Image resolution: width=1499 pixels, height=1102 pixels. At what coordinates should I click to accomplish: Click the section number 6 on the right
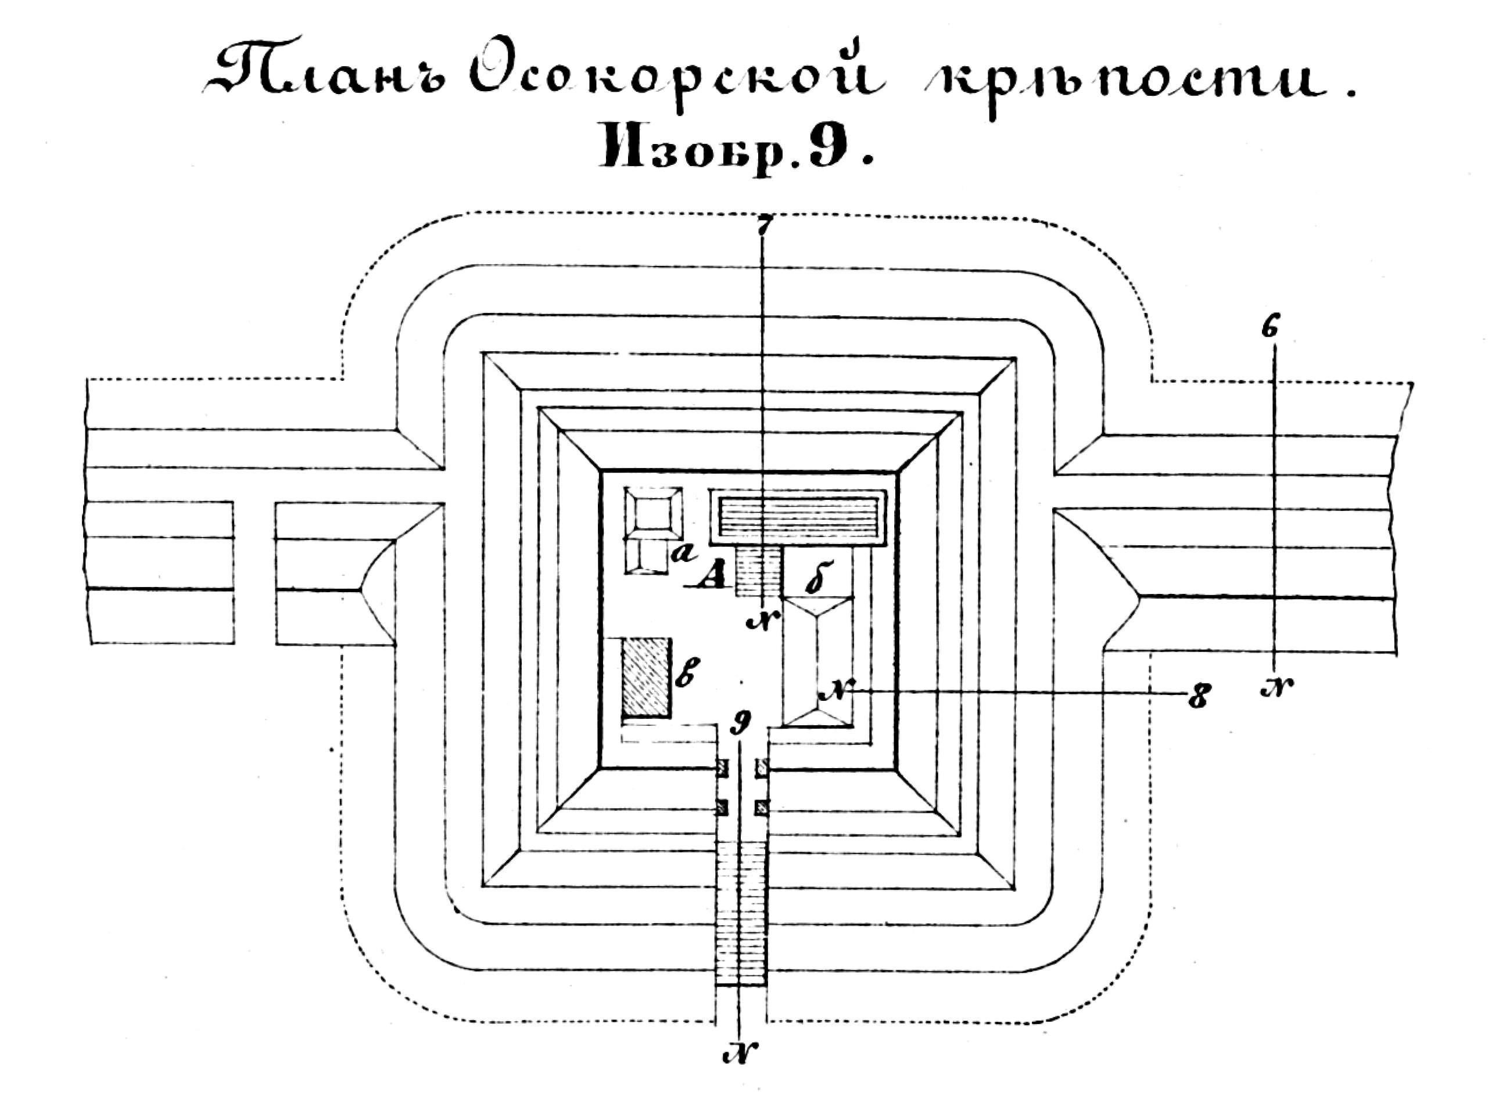(x=1271, y=328)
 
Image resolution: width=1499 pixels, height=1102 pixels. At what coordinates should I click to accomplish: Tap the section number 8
(x=1199, y=698)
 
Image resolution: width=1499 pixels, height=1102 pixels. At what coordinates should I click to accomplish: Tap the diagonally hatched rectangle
(x=646, y=677)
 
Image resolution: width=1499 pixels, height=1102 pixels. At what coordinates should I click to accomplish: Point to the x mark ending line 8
(x=836, y=692)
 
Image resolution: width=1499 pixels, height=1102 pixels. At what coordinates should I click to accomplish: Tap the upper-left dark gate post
(x=722, y=769)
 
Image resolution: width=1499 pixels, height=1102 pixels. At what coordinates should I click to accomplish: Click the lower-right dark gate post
(x=761, y=808)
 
